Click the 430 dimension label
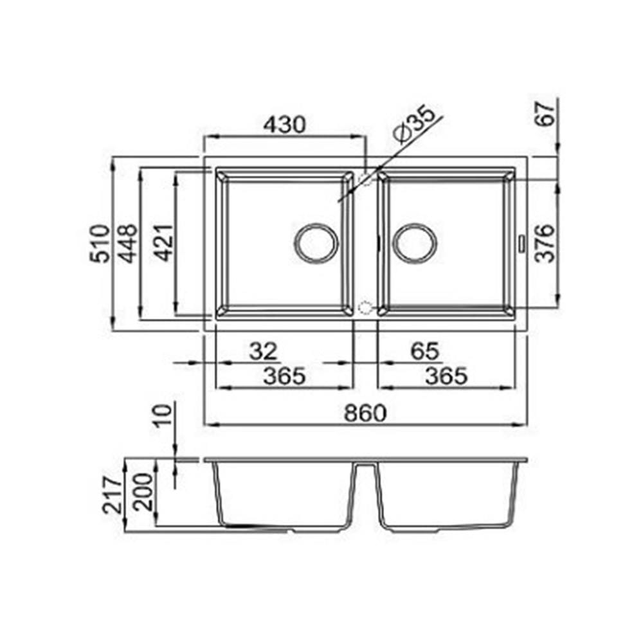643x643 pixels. coord(285,125)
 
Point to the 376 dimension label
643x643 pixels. coord(546,243)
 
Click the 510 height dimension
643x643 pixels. coord(100,243)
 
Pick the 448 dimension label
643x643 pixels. coord(127,243)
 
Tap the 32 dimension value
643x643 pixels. coord(263,352)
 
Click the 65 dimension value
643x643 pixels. coord(425,351)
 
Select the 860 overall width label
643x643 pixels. coord(365,413)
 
